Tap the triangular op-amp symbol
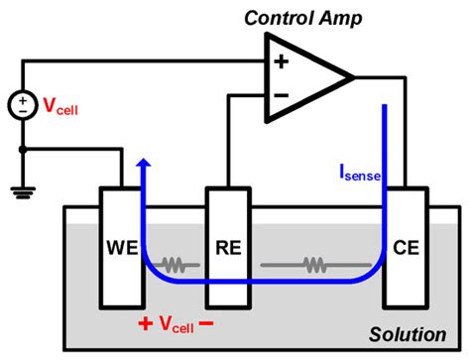click(x=303, y=77)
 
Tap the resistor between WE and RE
click(x=177, y=266)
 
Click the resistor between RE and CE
click(x=313, y=266)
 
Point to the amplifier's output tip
click(x=353, y=77)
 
